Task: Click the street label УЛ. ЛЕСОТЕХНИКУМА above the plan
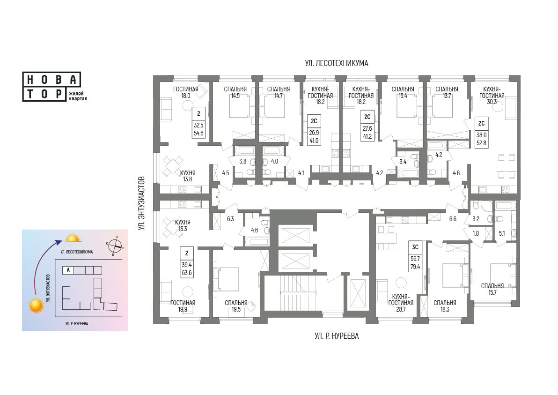point(336,63)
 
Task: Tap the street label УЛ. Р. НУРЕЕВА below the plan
point(336,336)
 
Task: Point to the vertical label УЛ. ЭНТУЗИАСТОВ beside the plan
point(142,203)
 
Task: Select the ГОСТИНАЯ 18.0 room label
point(186,92)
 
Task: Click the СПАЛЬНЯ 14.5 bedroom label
point(235,92)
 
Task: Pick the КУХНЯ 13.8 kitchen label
point(188,176)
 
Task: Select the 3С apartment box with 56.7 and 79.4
point(415,256)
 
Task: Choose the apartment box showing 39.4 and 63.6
point(187,262)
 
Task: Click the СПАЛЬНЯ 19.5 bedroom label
point(236,306)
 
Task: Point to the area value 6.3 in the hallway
point(231,219)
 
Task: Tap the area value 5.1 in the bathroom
point(502,234)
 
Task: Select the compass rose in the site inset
point(115,245)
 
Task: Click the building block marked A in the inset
point(68,270)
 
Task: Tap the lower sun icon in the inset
point(37,306)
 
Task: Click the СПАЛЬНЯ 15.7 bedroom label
point(492,289)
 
